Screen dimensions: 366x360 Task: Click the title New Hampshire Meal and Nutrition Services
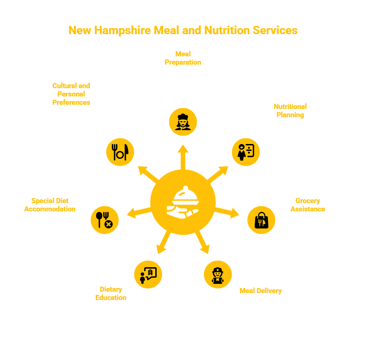[183, 30]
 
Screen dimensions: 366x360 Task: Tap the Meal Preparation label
[183, 58]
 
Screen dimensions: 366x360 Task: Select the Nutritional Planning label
[290, 111]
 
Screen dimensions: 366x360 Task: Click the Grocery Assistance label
[308, 205]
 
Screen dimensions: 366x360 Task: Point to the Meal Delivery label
[261, 291]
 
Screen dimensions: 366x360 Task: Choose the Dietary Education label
[111, 294]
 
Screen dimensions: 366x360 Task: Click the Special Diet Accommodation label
[50, 205]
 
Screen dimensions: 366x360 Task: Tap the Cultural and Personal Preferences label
[71, 94]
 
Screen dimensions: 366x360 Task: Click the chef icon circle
[183, 122]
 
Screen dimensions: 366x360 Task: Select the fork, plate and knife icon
[120, 152]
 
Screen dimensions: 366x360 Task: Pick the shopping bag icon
[261, 220]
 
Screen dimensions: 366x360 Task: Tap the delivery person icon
[218, 275]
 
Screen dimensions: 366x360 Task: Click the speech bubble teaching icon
[148, 275]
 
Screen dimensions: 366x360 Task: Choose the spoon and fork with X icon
[104, 220]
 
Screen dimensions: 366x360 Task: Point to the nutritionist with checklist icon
[246, 152]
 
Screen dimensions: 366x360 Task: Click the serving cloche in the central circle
[183, 202]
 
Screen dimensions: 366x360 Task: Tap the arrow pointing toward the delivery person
[202, 242]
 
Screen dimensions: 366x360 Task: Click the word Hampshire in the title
[122, 30]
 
